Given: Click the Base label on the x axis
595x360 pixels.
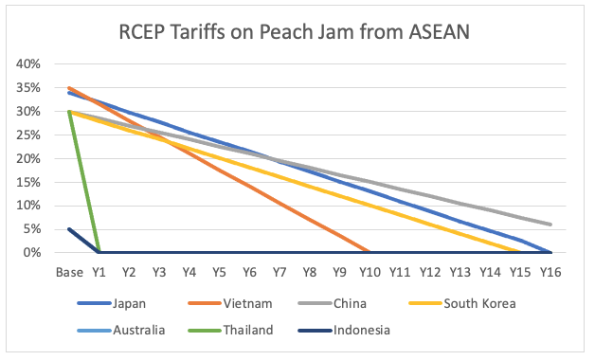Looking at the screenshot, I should click(69, 271).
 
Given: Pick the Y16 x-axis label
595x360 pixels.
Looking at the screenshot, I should click(550, 271).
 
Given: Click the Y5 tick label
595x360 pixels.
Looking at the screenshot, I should click(219, 271).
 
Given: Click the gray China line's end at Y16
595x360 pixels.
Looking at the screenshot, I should click(550, 225).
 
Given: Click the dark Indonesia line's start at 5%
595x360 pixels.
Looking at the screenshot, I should click(69, 229).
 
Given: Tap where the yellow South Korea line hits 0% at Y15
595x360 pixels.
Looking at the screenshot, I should click(520, 252).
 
